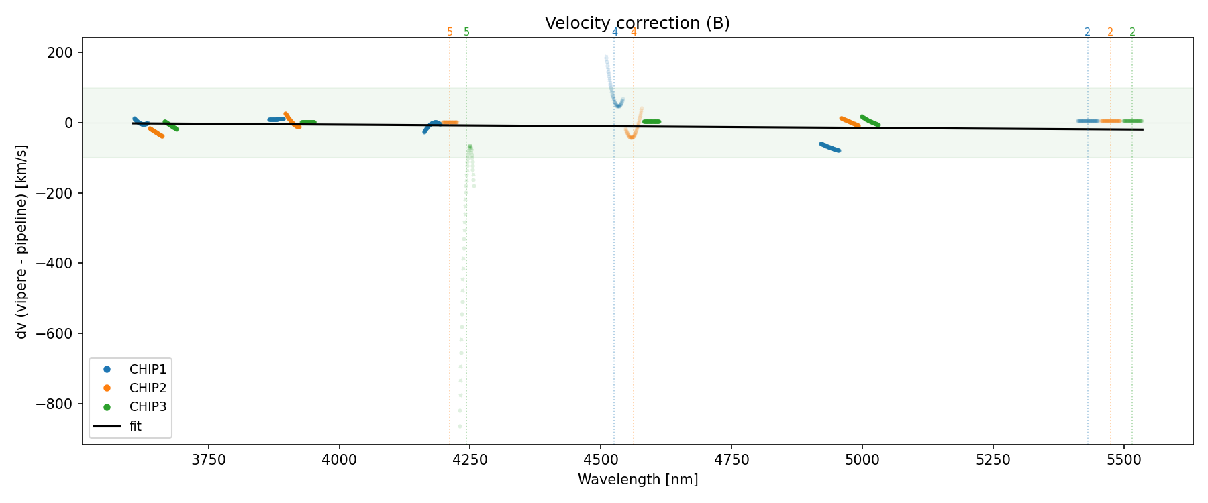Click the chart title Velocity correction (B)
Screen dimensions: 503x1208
click(637, 23)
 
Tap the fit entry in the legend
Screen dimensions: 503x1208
click(135, 426)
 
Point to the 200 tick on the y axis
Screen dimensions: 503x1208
click(61, 53)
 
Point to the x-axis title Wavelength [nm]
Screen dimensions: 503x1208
click(638, 480)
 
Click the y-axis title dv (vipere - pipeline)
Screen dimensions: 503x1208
click(21, 241)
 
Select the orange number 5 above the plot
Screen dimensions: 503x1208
click(450, 32)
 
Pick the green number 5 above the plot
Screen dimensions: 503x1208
click(466, 32)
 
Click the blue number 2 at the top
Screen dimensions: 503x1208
click(1087, 32)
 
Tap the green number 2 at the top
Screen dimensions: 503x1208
click(1132, 32)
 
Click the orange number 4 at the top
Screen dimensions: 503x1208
click(633, 32)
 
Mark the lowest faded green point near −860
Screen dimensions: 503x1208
click(460, 426)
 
